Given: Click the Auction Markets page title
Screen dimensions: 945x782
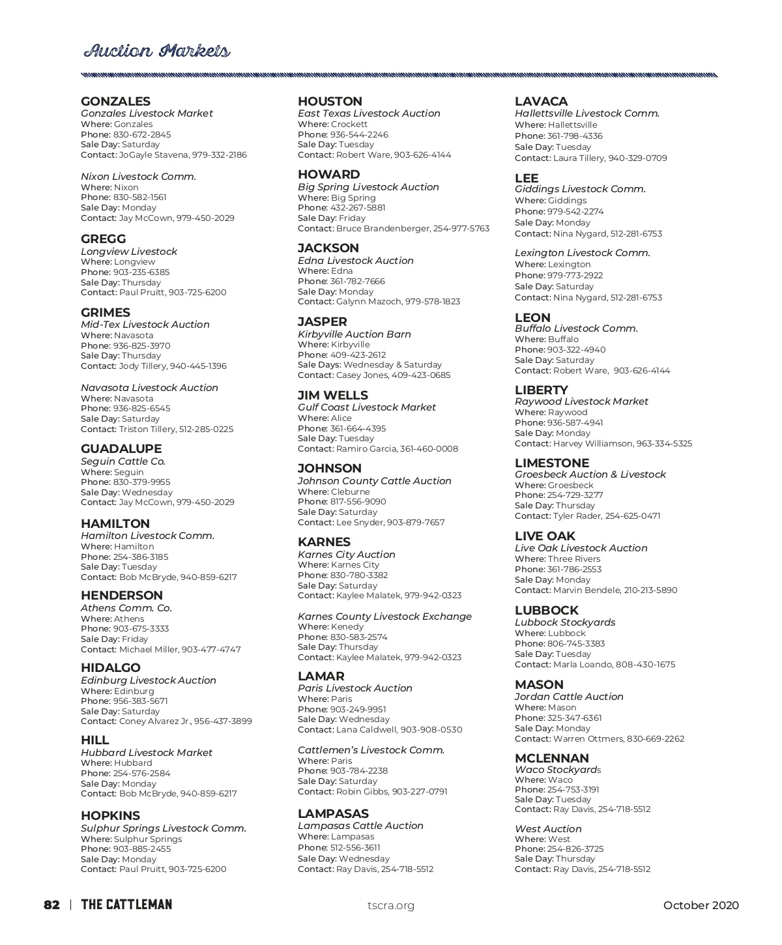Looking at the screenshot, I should (x=156, y=51).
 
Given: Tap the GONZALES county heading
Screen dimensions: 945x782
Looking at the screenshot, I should (x=115, y=102).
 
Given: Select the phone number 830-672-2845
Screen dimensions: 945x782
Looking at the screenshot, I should (x=142, y=134).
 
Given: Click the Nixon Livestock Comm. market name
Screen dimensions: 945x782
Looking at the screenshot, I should (x=138, y=177).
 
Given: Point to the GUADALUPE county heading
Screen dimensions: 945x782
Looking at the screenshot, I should (x=121, y=449).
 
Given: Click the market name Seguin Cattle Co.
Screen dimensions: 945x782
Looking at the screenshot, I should (x=123, y=461).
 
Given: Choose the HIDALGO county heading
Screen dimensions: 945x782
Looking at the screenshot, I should (x=111, y=668).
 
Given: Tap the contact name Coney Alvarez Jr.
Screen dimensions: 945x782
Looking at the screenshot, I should (x=154, y=721).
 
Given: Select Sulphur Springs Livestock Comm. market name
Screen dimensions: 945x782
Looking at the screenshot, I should (x=164, y=828).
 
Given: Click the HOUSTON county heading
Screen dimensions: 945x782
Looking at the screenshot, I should (x=330, y=102).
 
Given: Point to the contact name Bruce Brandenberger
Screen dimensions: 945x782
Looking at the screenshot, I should (x=383, y=229).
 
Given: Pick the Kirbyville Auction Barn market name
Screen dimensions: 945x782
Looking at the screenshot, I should (x=355, y=334).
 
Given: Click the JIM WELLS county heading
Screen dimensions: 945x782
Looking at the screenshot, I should (x=332, y=396).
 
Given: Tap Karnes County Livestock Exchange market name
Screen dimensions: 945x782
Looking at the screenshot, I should (x=384, y=617).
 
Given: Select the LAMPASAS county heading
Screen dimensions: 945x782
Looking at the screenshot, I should (x=333, y=814).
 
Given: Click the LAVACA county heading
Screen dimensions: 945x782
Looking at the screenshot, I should (x=541, y=102).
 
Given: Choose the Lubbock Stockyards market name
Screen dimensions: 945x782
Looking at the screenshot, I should (x=565, y=622).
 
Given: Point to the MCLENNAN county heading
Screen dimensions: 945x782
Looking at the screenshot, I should (x=552, y=759).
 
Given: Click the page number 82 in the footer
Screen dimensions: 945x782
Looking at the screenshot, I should (x=52, y=905).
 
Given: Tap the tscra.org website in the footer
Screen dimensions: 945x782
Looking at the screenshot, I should (x=391, y=905).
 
